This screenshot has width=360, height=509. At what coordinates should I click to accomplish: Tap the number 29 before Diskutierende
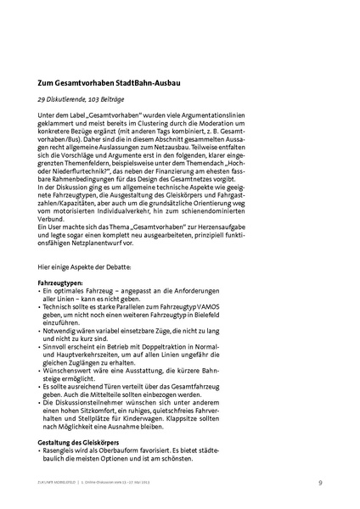coord(42,100)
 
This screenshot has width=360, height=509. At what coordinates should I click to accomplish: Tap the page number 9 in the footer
coord(321,482)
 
